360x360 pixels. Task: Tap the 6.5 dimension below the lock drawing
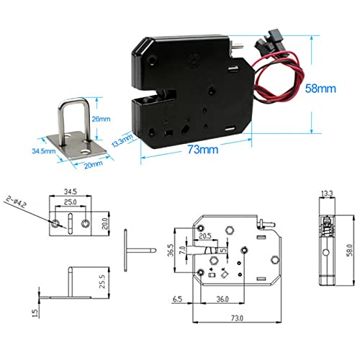(176, 297)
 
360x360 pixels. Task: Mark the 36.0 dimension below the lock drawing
(223, 297)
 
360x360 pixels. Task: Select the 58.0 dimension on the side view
(347, 248)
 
